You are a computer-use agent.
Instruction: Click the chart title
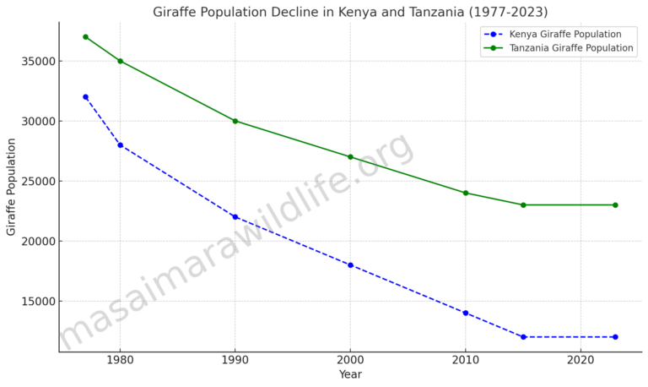(349, 12)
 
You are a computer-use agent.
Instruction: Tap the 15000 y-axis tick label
(38, 301)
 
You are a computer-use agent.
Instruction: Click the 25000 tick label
(38, 181)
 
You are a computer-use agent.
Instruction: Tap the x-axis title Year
(350, 374)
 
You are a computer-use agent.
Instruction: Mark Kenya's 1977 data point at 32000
(85, 97)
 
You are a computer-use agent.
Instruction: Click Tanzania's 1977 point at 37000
(85, 37)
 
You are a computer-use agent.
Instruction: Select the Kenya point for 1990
(235, 217)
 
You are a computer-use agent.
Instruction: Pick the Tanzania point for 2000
(350, 157)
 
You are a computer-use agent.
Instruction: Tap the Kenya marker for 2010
(465, 313)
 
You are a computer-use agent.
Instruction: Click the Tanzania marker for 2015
(523, 204)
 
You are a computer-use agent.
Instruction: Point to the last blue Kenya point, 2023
(615, 337)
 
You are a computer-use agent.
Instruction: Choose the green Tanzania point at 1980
(120, 61)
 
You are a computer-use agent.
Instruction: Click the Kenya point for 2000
(350, 265)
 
